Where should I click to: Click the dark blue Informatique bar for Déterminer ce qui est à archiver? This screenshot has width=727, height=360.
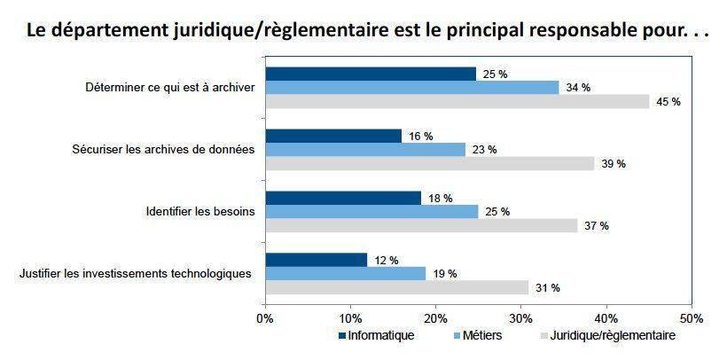click(x=371, y=74)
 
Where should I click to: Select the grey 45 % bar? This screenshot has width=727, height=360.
click(x=457, y=102)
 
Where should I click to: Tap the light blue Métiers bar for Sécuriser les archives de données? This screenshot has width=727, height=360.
click(x=365, y=150)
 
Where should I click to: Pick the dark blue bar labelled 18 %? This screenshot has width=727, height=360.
click(x=343, y=198)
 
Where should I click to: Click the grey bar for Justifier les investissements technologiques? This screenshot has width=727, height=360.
click(x=397, y=287)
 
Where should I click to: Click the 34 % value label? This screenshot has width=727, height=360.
click(x=578, y=88)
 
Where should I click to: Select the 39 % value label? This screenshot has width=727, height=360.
click(x=614, y=164)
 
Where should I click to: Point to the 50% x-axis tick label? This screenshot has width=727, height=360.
click(x=692, y=318)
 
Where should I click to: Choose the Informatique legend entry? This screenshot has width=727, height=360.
click(x=377, y=335)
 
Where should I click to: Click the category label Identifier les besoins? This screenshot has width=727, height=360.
click(x=200, y=212)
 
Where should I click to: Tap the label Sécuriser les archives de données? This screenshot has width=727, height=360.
click(x=164, y=150)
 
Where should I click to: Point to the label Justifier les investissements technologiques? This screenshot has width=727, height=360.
click(x=136, y=274)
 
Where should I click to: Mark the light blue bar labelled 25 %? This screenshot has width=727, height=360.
click(x=371, y=212)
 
